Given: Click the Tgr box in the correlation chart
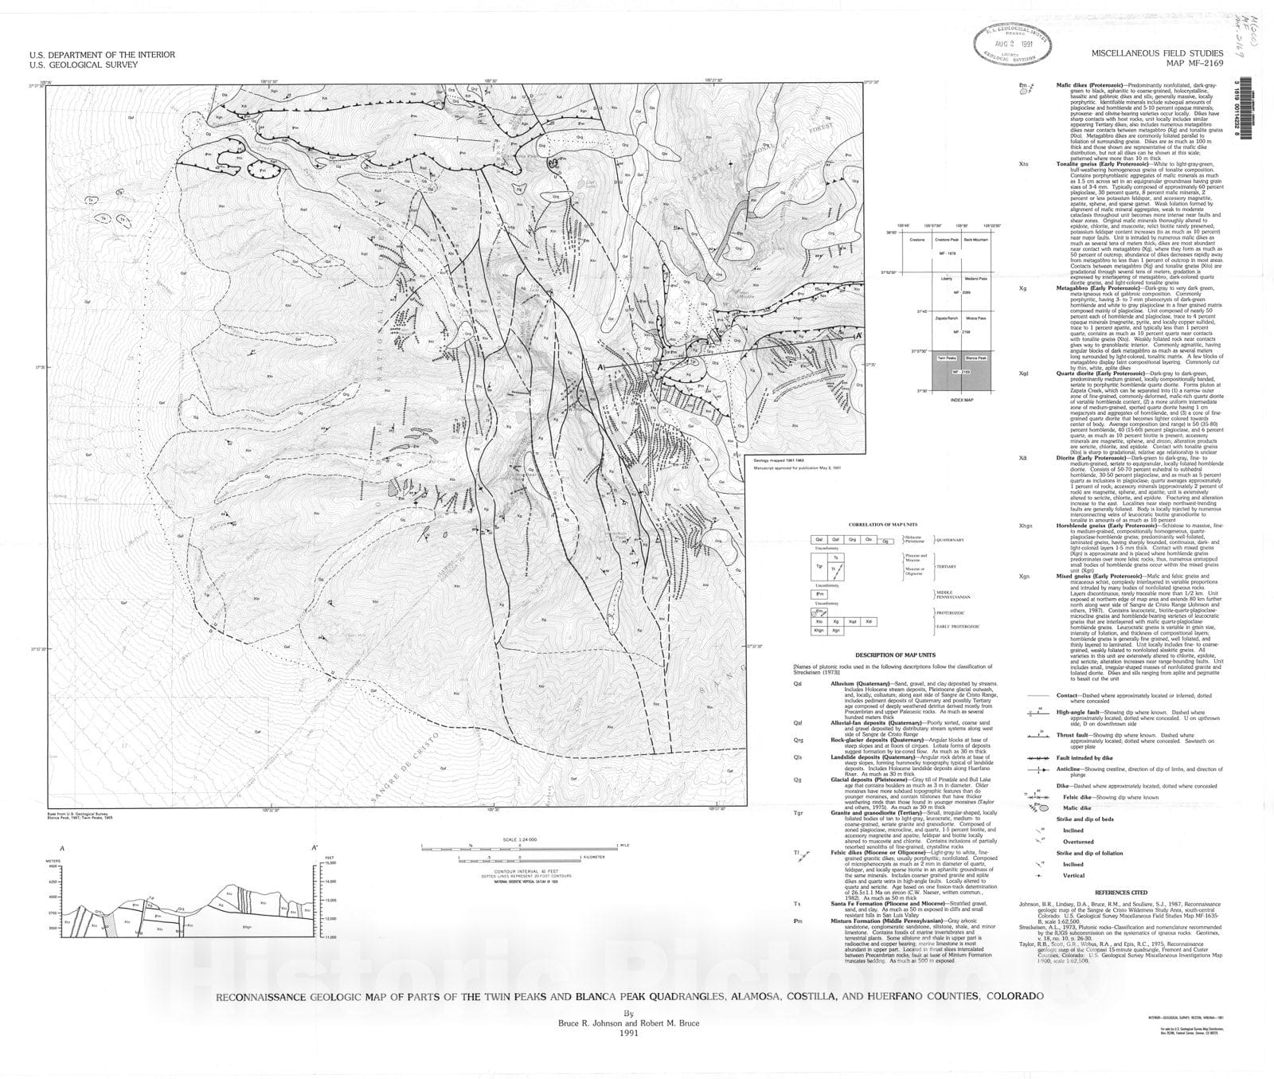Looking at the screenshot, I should pos(819,566).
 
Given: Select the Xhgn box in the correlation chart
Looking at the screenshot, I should pos(817,629).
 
